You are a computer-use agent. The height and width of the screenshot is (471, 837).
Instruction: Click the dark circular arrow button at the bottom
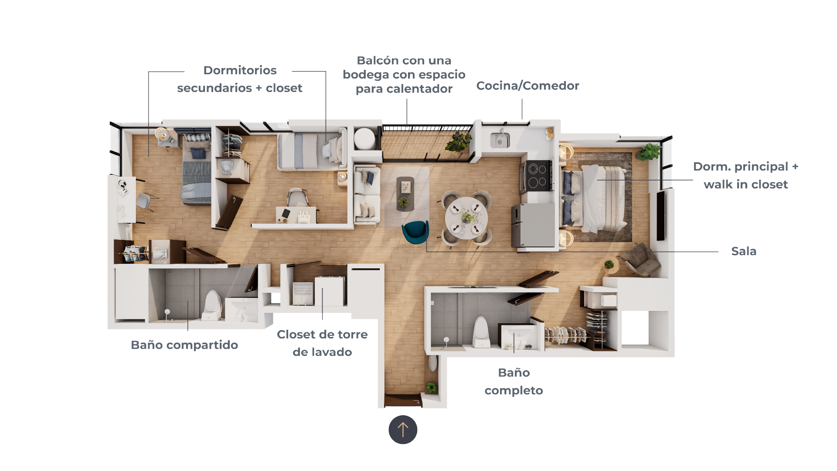[x=403, y=430]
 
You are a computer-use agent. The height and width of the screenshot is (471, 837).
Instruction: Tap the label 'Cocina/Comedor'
[x=527, y=86]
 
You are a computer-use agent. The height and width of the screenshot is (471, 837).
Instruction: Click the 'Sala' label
[x=744, y=251]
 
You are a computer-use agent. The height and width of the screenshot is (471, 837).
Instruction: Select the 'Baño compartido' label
[x=184, y=345]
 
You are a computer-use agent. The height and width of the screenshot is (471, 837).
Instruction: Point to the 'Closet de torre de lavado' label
[x=322, y=343]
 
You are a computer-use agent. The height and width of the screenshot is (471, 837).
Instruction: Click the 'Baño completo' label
[x=514, y=382]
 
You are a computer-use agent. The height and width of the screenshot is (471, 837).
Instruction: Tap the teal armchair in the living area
[x=415, y=232]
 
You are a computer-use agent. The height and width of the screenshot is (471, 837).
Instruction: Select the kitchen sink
[x=500, y=140]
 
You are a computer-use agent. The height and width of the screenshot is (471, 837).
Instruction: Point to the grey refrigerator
[x=533, y=225]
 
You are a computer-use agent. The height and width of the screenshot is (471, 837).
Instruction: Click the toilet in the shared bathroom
[x=213, y=304]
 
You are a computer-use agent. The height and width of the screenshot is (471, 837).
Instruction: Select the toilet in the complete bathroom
[x=481, y=332]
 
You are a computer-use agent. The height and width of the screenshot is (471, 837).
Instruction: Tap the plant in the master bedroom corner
[x=649, y=152]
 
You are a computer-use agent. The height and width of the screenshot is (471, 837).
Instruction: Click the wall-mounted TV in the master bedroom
[x=660, y=215]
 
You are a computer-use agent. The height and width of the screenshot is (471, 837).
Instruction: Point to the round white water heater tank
[x=364, y=139]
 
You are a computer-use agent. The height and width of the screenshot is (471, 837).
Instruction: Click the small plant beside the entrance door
[x=431, y=387]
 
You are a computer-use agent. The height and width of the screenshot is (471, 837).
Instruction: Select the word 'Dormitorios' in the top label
[x=240, y=70]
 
